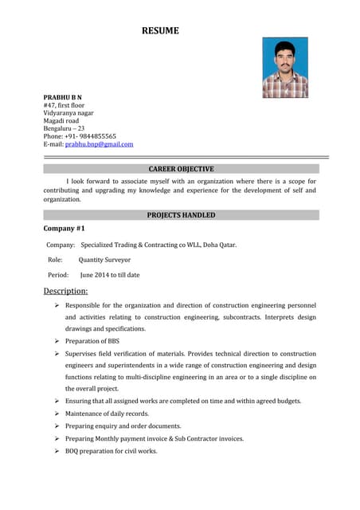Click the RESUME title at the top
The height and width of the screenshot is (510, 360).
click(160, 31)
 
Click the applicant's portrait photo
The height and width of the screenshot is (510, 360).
click(284, 68)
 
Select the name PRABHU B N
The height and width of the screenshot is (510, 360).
click(62, 96)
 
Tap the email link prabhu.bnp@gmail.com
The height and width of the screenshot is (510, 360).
click(99, 144)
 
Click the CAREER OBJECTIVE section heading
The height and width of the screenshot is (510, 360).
click(181, 169)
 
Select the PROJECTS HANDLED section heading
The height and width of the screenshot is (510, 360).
click(181, 215)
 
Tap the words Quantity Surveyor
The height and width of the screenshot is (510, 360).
click(104, 260)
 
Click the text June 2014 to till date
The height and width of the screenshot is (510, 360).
click(109, 275)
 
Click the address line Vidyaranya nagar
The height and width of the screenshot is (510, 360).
click(68, 112)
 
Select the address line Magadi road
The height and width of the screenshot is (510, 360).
click(61, 120)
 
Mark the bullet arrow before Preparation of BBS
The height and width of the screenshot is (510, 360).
click(57, 341)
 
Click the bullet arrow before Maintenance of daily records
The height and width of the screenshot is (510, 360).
click(57, 414)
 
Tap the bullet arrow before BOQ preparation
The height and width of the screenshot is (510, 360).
click(57, 451)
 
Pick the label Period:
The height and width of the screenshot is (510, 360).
click(58, 275)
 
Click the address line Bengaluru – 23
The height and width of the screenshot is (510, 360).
click(64, 128)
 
